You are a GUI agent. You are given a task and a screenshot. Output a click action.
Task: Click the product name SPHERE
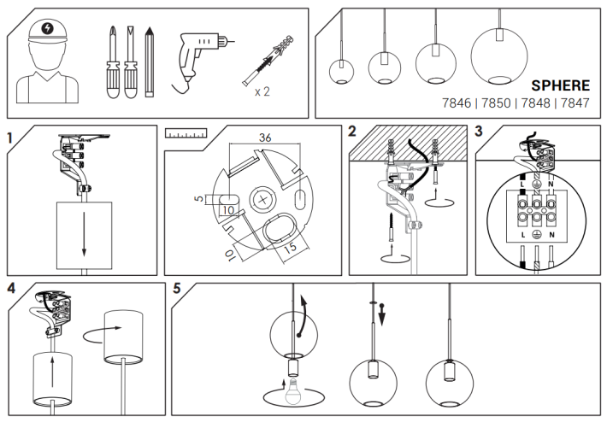[560, 85]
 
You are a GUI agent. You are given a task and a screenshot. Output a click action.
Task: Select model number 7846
[457, 103]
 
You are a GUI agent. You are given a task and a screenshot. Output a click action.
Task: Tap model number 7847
[575, 103]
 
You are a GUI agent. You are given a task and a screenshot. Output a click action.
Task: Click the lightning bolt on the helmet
[47, 28]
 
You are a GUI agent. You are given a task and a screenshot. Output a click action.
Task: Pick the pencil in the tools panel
[149, 62]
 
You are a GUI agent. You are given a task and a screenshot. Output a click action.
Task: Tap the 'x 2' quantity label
[262, 91]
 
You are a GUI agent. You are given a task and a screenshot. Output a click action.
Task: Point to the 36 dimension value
[265, 138]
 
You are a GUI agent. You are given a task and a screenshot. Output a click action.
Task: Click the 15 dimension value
[291, 248]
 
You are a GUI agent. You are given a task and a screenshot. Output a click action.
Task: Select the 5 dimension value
[199, 198]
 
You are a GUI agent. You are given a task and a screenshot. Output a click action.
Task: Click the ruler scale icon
[186, 133]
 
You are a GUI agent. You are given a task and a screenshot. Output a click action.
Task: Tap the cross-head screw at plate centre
[262, 200]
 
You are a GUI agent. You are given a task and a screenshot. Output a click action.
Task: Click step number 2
[352, 132]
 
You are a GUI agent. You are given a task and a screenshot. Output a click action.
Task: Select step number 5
[177, 288]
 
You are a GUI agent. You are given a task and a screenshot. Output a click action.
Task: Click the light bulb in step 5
[293, 392]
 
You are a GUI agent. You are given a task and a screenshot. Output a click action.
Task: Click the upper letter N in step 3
[551, 185]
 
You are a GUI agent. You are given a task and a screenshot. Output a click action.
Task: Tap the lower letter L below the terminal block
[523, 235]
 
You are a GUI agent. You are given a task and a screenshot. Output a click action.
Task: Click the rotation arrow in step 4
[102, 335]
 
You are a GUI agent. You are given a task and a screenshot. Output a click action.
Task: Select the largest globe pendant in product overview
[499, 56]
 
